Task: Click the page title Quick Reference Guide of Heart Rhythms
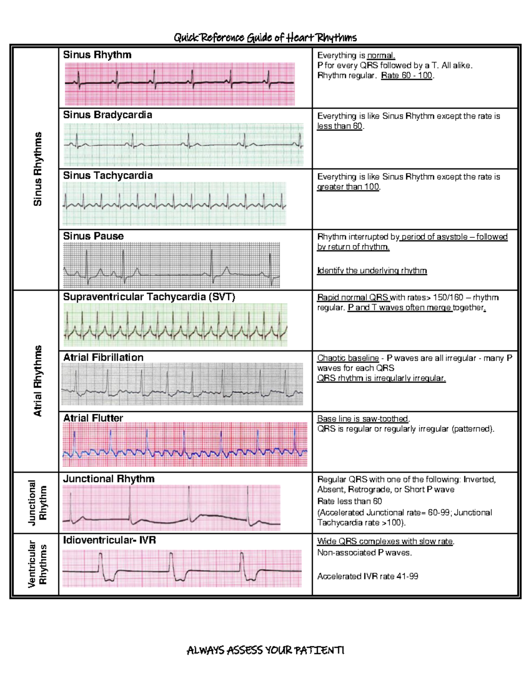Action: (265, 38)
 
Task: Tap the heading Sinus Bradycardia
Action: (108, 115)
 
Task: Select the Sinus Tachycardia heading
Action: (108, 175)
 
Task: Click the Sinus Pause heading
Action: (93, 236)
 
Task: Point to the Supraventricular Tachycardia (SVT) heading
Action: (149, 297)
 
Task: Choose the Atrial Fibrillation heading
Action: (104, 358)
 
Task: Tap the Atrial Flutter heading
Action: (93, 418)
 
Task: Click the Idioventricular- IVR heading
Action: (109, 540)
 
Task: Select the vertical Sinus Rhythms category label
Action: (38, 169)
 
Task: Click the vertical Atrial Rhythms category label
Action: (38, 381)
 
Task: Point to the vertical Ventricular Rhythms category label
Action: (38, 564)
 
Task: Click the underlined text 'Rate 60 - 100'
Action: (407, 75)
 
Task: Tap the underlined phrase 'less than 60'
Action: (340, 126)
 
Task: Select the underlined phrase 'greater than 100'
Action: (348, 187)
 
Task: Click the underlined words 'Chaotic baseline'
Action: (348, 358)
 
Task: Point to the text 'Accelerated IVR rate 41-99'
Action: (368, 576)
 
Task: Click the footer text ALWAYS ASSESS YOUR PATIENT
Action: (265, 650)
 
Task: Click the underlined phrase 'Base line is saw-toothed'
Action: (363, 419)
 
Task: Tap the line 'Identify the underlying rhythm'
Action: (372, 271)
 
